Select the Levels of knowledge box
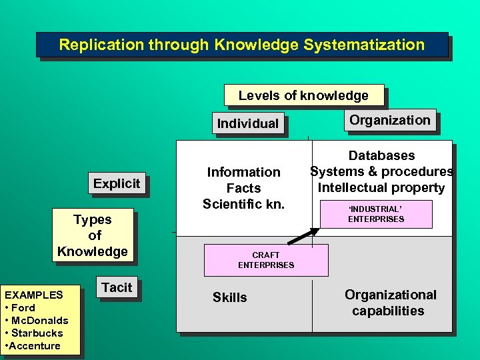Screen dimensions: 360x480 pos(303,95)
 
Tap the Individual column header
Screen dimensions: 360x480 pos(248,123)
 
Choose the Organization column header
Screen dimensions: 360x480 pos(390,120)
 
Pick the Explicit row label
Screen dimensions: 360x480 pos(117,183)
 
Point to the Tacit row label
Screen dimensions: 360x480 pos(117,287)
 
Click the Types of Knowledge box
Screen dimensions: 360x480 pos(93,235)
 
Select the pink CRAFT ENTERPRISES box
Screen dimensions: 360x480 pos(266,260)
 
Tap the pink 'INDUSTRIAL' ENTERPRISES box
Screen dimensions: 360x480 pos(376,214)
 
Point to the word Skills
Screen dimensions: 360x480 pos(229,297)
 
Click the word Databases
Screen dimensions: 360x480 pos(381,155)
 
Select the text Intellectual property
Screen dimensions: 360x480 pos(381,187)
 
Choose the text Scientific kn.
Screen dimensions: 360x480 pos(243,203)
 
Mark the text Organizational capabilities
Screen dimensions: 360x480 pos(390,303)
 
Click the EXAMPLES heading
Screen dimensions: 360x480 pos(34,295)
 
